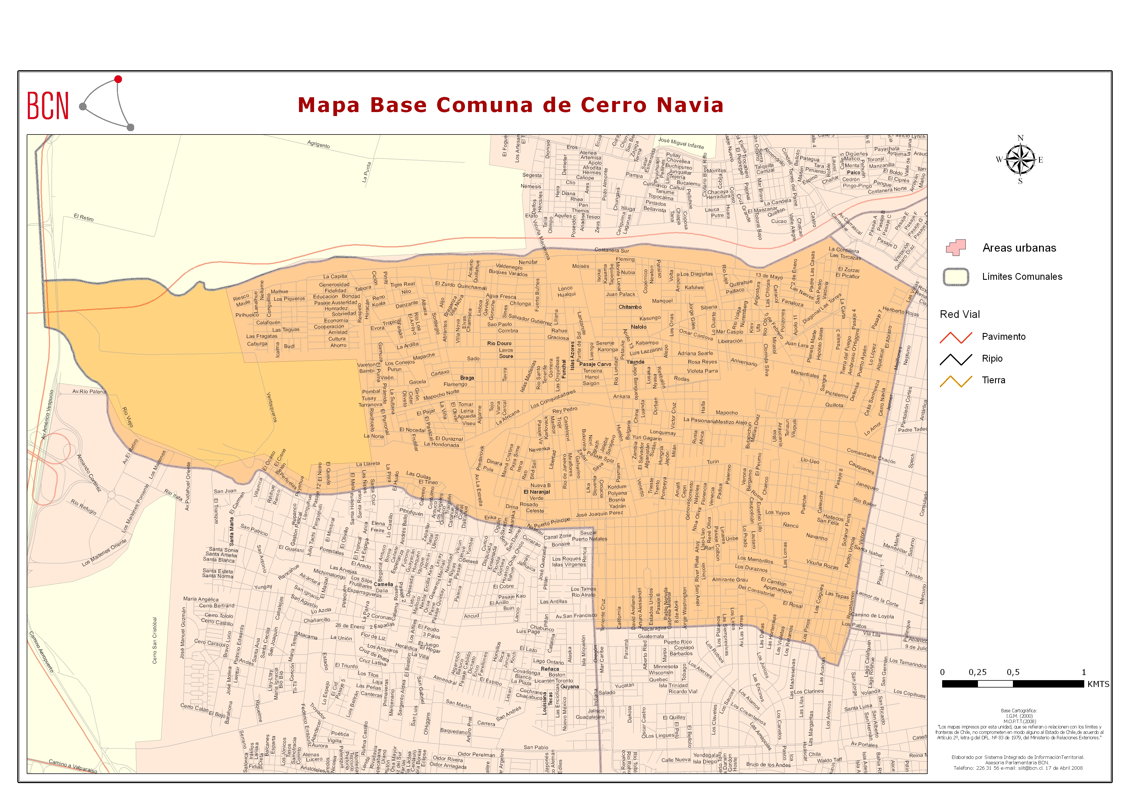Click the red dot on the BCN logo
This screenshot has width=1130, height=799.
coord(118,79)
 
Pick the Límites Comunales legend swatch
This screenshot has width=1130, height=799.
coord(956,277)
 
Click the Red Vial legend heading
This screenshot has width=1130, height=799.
coord(960,314)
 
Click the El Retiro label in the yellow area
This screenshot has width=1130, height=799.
coord(84,218)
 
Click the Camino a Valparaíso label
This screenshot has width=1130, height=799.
coord(73,766)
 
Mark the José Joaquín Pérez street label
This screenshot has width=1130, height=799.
coord(599,514)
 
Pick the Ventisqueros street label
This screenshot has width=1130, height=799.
coord(271,407)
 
